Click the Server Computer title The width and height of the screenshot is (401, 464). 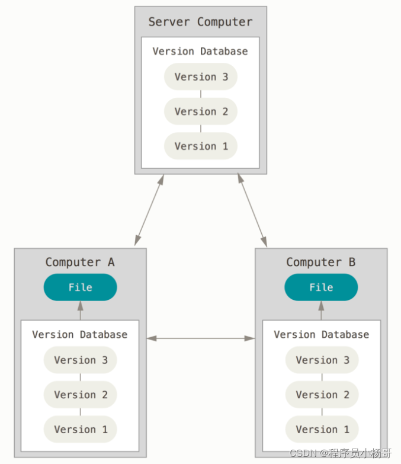click(x=200, y=22)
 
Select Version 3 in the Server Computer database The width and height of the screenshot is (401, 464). click(x=201, y=76)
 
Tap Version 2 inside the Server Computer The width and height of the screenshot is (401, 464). click(x=201, y=111)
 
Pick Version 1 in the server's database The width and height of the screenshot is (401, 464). click(x=201, y=146)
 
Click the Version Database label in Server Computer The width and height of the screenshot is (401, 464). click(x=200, y=51)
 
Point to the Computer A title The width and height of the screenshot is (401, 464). click(x=80, y=262)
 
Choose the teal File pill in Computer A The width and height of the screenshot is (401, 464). click(x=81, y=287)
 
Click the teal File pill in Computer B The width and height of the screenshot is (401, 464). click(x=321, y=287)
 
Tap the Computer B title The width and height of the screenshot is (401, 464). click(x=321, y=262)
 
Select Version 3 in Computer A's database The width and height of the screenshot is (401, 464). click(x=81, y=360)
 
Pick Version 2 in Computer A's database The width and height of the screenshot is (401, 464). click(x=81, y=395)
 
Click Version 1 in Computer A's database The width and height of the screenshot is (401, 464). click(x=81, y=429)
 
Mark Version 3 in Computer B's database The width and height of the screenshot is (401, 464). click(x=322, y=360)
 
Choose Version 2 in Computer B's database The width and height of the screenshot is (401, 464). click(x=322, y=395)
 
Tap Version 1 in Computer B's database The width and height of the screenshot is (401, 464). click(x=322, y=429)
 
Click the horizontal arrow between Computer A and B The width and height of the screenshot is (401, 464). click(x=201, y=338)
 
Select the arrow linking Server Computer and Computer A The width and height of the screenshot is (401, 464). click(x=149, y=210)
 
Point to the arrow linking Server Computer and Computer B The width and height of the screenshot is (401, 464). click(x=252, y=210)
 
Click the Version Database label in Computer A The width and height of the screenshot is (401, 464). click(x=80, y=334)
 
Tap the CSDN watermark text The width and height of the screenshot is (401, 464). click(x=341, y=453)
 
